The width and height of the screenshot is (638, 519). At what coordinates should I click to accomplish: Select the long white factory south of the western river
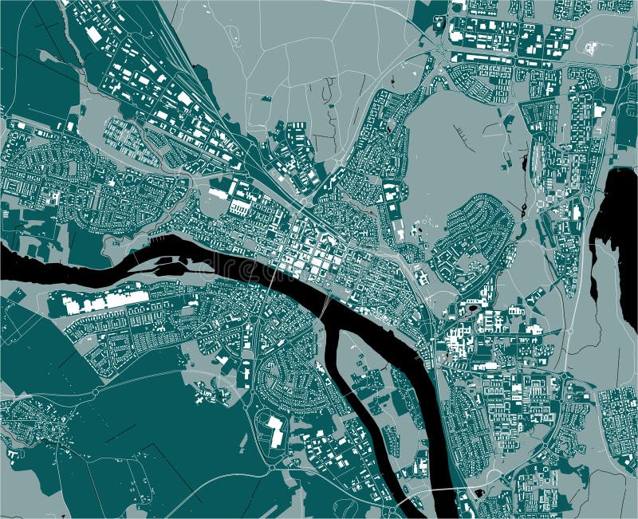[x=99, y=302]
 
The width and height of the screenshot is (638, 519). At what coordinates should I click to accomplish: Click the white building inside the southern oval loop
[x=275, y=431]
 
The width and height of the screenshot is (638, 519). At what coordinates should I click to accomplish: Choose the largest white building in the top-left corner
[x=94, y=34]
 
